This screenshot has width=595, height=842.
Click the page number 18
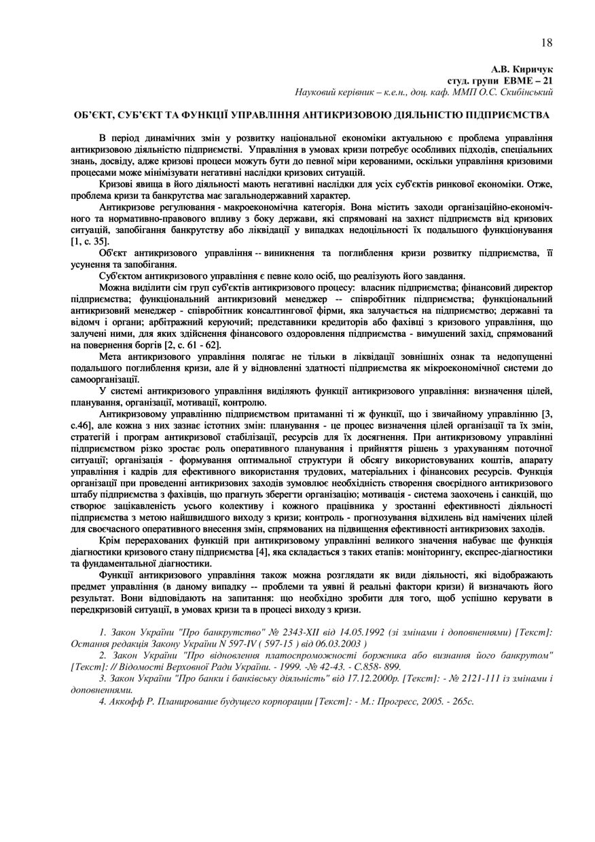click(x=547, y=43)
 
